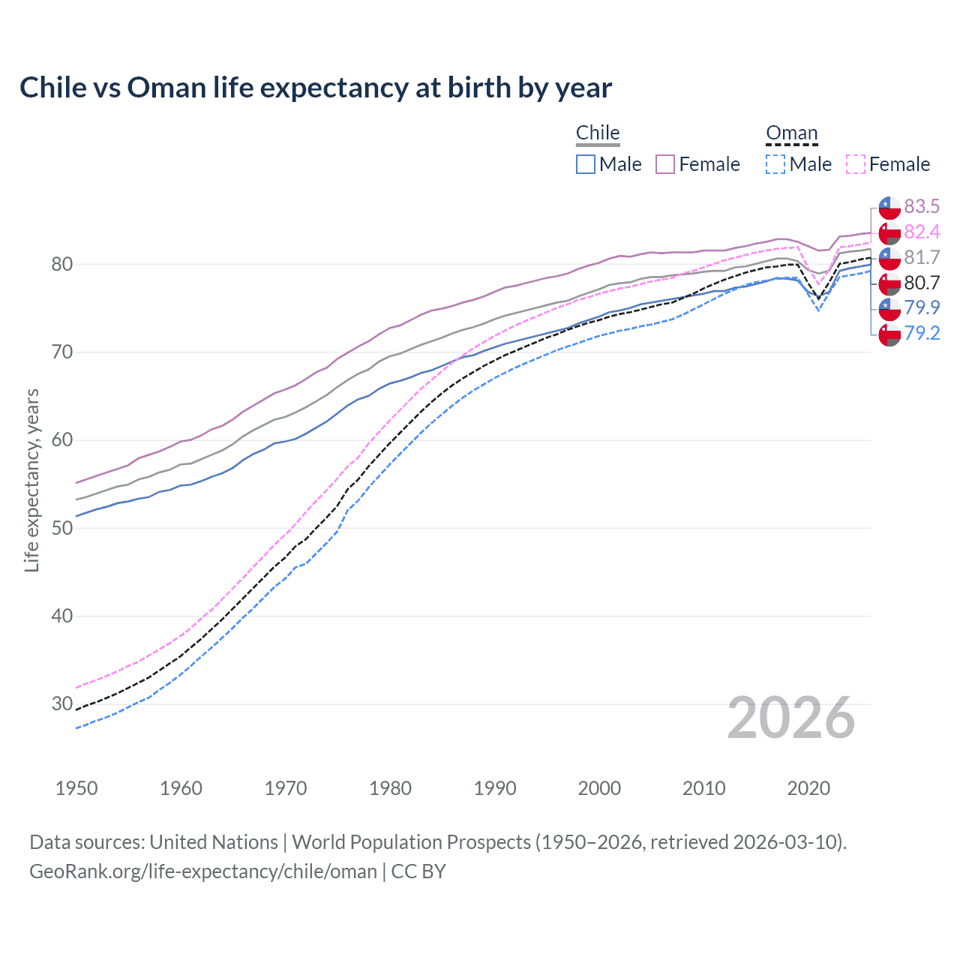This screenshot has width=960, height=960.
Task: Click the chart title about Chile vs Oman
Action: (316, 88)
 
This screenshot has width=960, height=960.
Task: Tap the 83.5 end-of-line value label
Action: (922, 206)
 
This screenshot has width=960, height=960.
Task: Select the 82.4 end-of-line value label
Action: (922, 232)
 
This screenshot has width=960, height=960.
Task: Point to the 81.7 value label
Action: (922, 257)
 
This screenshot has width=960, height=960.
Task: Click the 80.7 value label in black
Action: (922, 283)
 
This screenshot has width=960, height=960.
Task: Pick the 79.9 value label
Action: (922, 307)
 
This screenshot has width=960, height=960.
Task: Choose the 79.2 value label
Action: (922, 333)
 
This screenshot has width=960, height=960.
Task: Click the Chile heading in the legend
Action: (598, 133)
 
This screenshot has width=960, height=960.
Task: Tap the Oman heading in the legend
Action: (791, 133)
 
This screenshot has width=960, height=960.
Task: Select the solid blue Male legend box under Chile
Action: (586, 164)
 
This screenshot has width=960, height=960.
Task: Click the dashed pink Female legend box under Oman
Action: (856, 164)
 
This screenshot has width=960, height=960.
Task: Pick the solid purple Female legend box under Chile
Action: (665, 164)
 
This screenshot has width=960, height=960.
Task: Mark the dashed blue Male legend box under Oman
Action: (775, 164)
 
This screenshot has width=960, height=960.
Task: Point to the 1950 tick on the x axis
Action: (76, 788)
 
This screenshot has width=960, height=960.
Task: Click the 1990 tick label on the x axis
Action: (495, 788)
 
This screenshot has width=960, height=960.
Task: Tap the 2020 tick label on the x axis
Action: (808, 788)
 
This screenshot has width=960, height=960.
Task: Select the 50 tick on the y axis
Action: (62, 528)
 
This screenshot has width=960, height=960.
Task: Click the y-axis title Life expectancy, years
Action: (31, 480)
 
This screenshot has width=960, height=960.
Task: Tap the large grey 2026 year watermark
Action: (791, 718)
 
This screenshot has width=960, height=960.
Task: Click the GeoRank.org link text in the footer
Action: (202, 871)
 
